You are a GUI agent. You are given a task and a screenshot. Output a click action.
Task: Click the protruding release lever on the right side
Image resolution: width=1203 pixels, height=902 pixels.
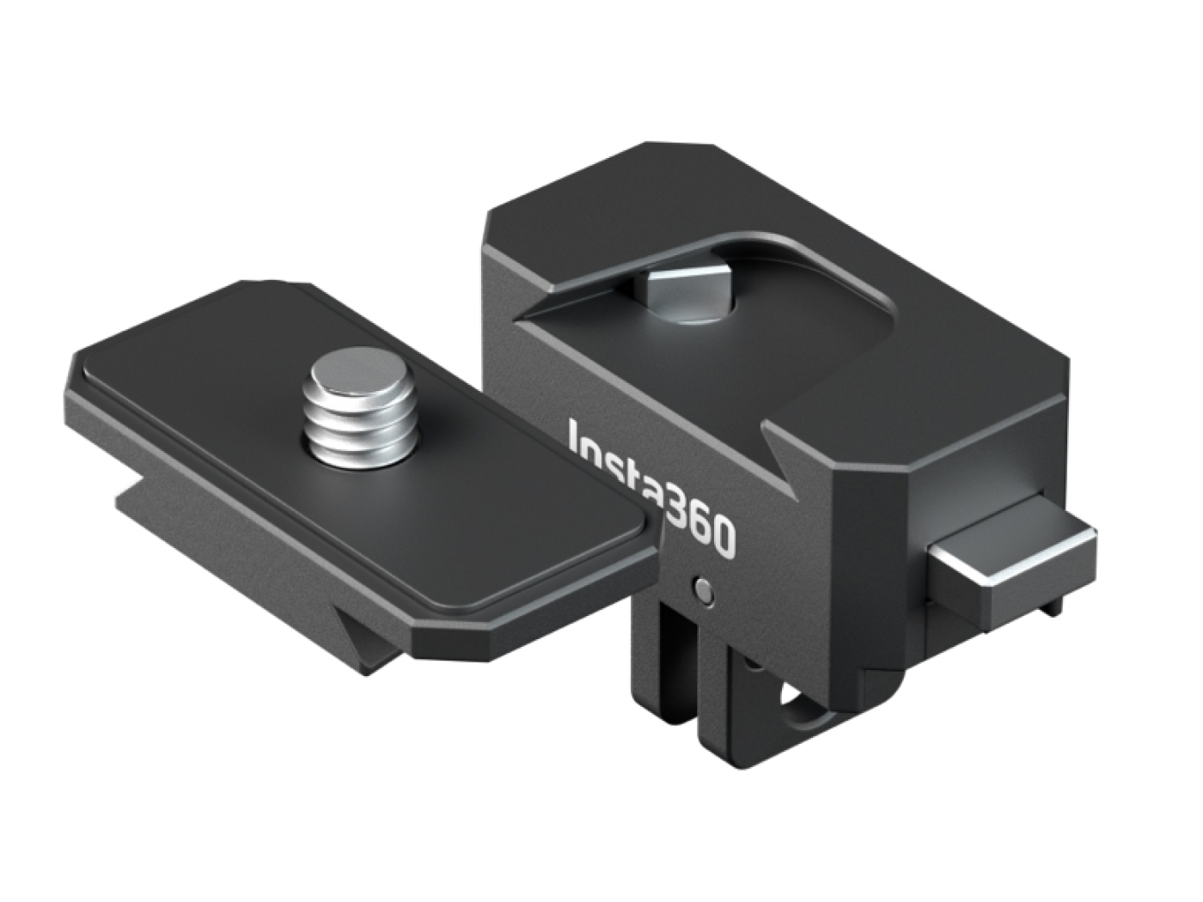(x=1014, y=563)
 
